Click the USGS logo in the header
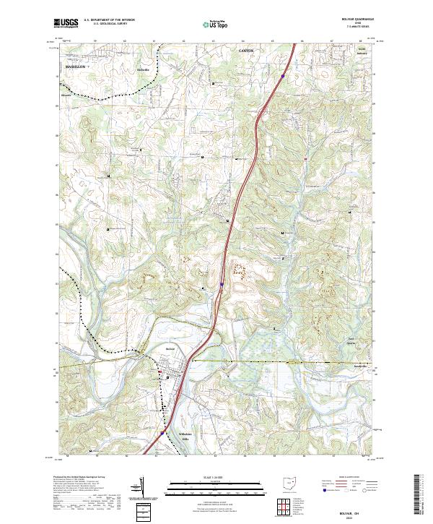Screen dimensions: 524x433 coord(66,23)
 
